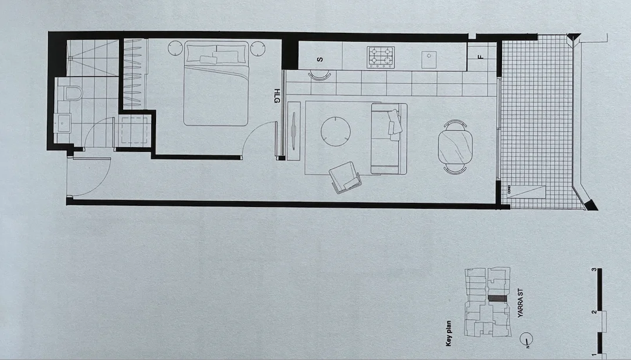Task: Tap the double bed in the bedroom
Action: coord(216,83)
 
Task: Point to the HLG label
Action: coord(276,97)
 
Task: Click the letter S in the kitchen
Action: coord(320,59)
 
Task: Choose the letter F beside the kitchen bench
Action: coord(480,57)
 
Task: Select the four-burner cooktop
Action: coord(380,57)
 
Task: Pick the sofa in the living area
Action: coord(389,138)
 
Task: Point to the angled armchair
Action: coord(346,177)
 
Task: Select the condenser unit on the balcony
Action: coord(527,193)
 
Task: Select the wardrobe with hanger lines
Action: coord(134,73)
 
